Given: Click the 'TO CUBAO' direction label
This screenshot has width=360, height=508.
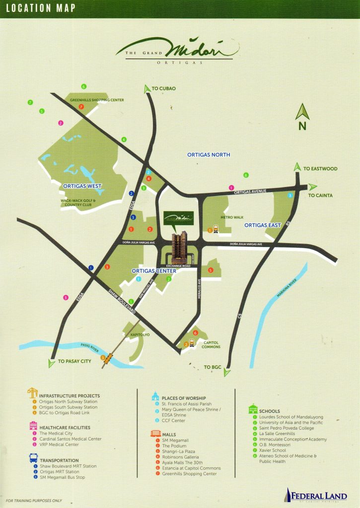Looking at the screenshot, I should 164,88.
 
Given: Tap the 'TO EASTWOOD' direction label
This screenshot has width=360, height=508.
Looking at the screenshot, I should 320,169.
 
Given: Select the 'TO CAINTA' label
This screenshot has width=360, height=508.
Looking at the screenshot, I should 320,195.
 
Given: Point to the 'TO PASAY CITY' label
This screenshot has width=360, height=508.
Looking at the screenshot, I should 74,361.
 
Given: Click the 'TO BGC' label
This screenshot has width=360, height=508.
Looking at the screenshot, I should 212,367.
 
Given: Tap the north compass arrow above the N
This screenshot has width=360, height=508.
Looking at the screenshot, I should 302,112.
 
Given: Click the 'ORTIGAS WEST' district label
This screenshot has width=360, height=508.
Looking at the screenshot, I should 82,187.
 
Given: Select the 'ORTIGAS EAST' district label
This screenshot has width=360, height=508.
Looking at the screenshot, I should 263,225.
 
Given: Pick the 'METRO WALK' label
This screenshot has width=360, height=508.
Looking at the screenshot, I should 232,217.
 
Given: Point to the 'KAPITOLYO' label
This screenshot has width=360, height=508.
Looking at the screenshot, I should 140,335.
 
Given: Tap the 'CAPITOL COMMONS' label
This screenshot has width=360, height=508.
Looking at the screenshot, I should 211,344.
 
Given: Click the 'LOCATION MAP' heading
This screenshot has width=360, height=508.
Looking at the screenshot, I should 41,8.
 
